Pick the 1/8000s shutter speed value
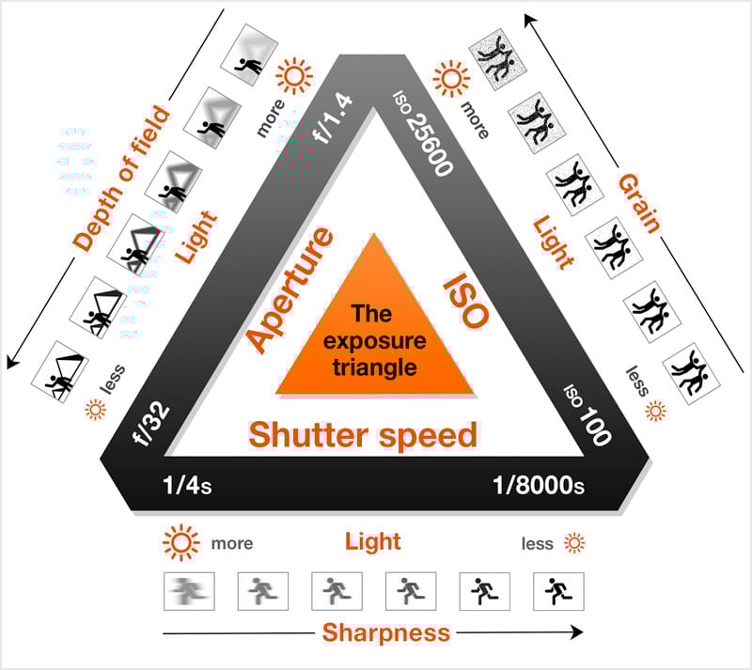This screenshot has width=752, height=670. (x=539, y=486)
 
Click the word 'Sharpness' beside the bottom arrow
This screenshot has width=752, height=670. (x=386, y=632)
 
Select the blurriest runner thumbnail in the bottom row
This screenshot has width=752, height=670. (x=187, y=591)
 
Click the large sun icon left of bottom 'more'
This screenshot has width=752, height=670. (x=180, y=543)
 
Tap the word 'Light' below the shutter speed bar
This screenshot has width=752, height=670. (x=373, y=541)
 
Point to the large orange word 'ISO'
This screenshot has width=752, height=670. (x=464, y=301)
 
